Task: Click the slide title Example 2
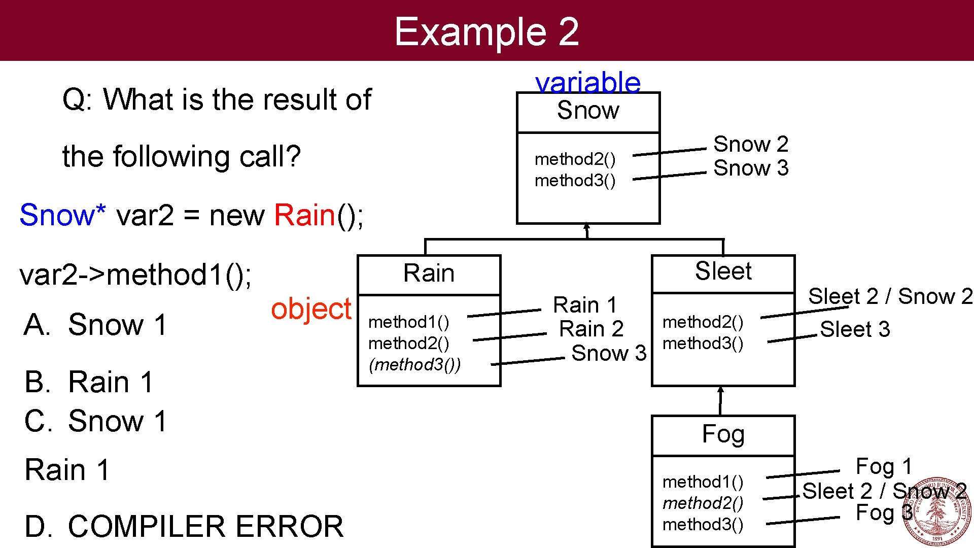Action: [x=486, y=31]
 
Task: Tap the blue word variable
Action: [x=588, y=82]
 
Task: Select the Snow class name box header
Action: [x=588, y=111]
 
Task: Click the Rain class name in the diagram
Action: [x=429, y=273]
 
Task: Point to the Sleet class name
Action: [x=723, y=271]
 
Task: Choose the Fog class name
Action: [x=723, y=434]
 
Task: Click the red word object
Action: [x=311, y=309]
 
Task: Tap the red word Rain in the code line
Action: [x=304, y=215]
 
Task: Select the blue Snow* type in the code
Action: [x=62, y=215]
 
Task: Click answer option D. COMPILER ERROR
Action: [x=184, y=526]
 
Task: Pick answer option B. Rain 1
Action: [x=89, y=382]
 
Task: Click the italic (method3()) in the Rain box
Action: [x=414, y=364]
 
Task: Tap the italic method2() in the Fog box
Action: [x=703, y=503]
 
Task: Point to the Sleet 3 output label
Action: [x=855, y=329]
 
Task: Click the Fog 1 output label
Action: [x=884, y=466]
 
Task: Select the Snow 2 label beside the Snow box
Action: [x=751, y=145]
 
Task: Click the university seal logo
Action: [x=936, y=511]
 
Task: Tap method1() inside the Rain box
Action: [x=408, y=322]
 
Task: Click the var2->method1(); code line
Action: [x=135, y=275]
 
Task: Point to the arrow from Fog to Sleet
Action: [x=720, y=401]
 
